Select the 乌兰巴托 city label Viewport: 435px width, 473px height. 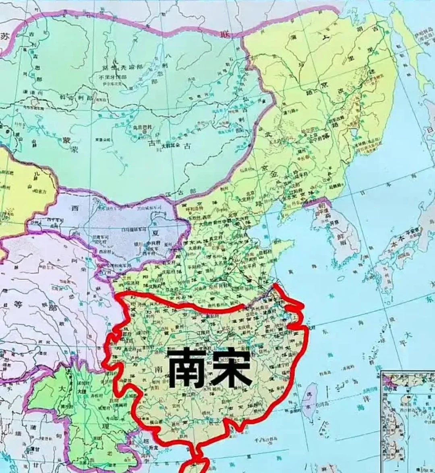pyautogui.click(x=140, y=128)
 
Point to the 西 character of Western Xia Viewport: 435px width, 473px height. pyautogui.click(x=75, y=208)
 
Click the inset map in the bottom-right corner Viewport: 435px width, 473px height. pyautogui.click(x=408, y=420)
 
